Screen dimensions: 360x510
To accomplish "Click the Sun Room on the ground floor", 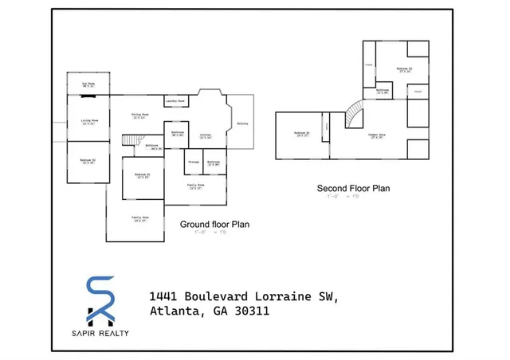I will [88, 84].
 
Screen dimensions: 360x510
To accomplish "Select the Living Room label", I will [88, 122].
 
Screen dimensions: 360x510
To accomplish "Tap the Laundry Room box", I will [175, 102].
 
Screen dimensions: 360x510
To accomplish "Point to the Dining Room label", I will [141, 116].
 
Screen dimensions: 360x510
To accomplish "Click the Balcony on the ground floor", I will [242, 123].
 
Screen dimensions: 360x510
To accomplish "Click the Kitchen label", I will [205, 135].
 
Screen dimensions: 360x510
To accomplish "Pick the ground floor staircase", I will [130, 142].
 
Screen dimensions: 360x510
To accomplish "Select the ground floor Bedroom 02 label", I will [88, 161].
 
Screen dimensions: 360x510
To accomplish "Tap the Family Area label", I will [141, 219].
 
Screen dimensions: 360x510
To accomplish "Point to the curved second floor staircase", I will [353, 118].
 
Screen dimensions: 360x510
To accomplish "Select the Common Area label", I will [378, 136].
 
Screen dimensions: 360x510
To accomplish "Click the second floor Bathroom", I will [382, 92].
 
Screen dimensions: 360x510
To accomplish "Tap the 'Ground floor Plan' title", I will [214, 225].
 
